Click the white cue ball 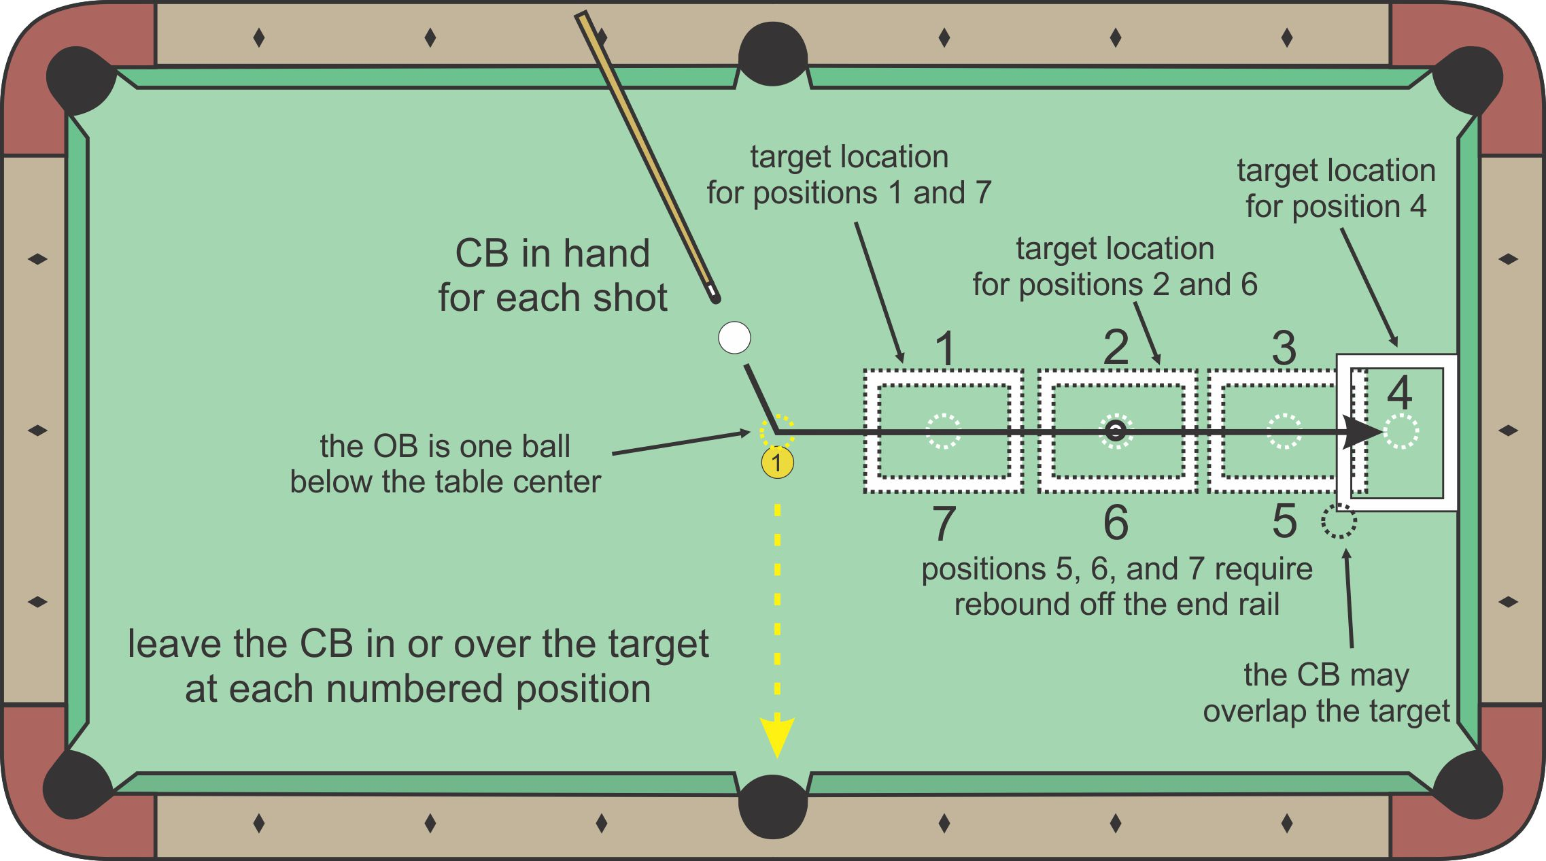(734, 337)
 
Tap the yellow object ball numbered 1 (777, 463)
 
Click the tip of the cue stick (715, 298)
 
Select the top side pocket (773, 54)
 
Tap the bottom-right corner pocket (1468, 786)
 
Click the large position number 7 (944, 523)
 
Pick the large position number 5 (1284, 522)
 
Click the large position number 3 (1284, 348)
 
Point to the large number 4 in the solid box (1399, 392)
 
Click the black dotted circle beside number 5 (1339, 522)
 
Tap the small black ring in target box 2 (1115, 430)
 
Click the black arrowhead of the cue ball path (1363, 431)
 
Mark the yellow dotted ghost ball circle (776, 431)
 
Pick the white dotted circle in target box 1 (944, 431)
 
